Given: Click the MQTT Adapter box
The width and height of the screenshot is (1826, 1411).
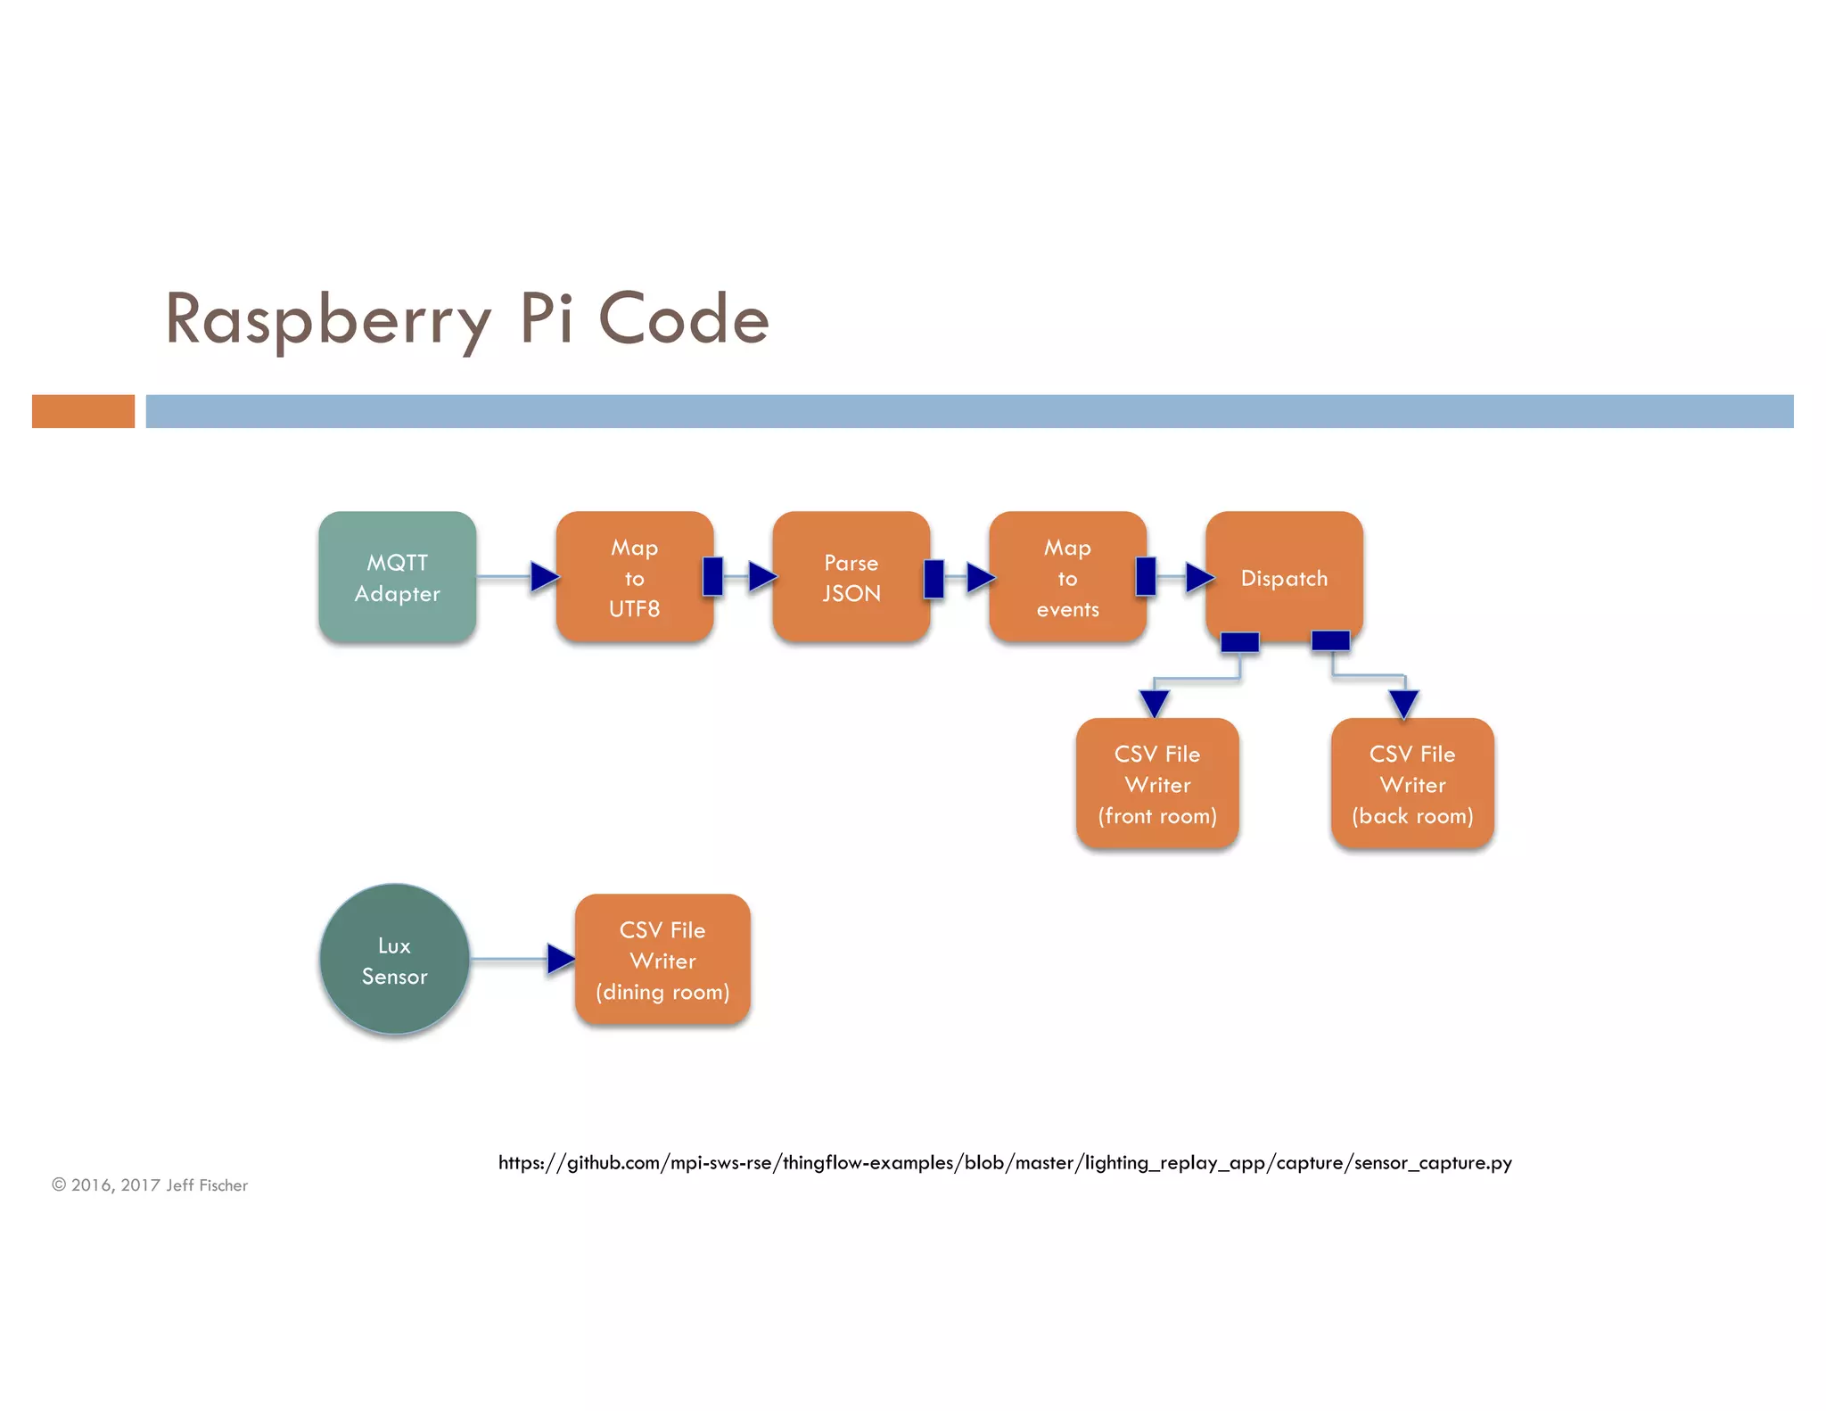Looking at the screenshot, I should [x=397, y=577].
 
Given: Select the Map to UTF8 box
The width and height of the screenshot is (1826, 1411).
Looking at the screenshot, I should [x=634, y=577].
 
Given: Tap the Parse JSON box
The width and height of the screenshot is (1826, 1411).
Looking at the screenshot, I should [x=851, y=577].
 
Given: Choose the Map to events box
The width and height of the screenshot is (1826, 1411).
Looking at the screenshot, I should [x=1067, y=577].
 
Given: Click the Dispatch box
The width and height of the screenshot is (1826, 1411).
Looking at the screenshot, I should [x=1284, y=577].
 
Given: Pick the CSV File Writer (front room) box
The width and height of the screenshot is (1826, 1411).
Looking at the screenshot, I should [x=1156, y=784].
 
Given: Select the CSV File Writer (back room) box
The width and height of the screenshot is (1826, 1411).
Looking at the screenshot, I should [x=1412, y=784].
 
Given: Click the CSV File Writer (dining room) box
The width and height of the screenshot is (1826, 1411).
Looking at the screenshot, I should [x=662, y=960].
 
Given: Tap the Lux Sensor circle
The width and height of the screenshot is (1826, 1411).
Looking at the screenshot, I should [x=395, y=960].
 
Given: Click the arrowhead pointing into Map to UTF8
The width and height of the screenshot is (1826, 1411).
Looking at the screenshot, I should [x=543, y=576].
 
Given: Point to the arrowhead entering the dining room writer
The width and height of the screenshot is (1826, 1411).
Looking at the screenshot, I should [x=560, y=959].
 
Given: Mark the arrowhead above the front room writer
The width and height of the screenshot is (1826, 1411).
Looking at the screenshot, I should [x=1154, y=703].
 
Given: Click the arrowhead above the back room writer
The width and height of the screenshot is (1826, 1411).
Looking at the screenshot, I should [x=1403, y=703].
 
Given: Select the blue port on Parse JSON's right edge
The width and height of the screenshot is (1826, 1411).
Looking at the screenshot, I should [x=934, y=578].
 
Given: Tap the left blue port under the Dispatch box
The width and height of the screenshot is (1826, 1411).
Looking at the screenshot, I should [x=1239, y=641].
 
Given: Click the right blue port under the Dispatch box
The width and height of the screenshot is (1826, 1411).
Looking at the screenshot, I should [x=1330, y=639].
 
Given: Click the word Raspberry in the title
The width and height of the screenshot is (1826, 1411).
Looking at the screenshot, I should [x=328, y=319].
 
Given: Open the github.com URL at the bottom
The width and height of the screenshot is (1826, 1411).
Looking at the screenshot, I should [x=1005, y=1162].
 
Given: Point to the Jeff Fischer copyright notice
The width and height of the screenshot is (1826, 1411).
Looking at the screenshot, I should [x=150, y=1184].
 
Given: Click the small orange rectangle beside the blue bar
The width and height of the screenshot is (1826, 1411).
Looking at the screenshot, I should [x=83, y=411].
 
